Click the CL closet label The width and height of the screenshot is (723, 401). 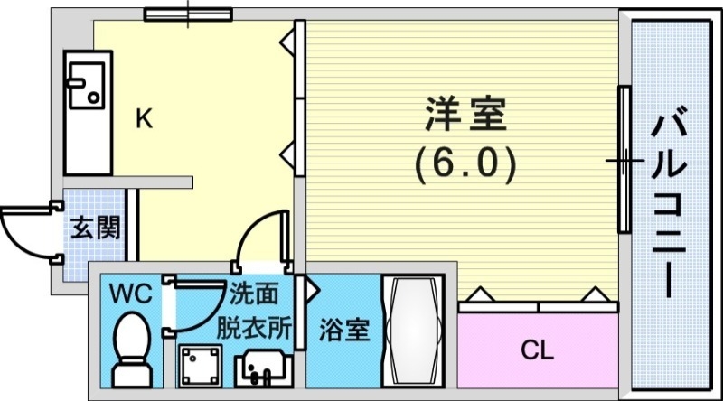coord(537,349)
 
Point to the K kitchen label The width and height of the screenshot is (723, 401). coord(144,119)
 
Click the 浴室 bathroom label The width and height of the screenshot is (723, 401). coord(344,331)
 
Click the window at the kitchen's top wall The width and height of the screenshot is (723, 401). coord(189,14)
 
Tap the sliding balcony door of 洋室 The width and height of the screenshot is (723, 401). coord(623,160)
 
